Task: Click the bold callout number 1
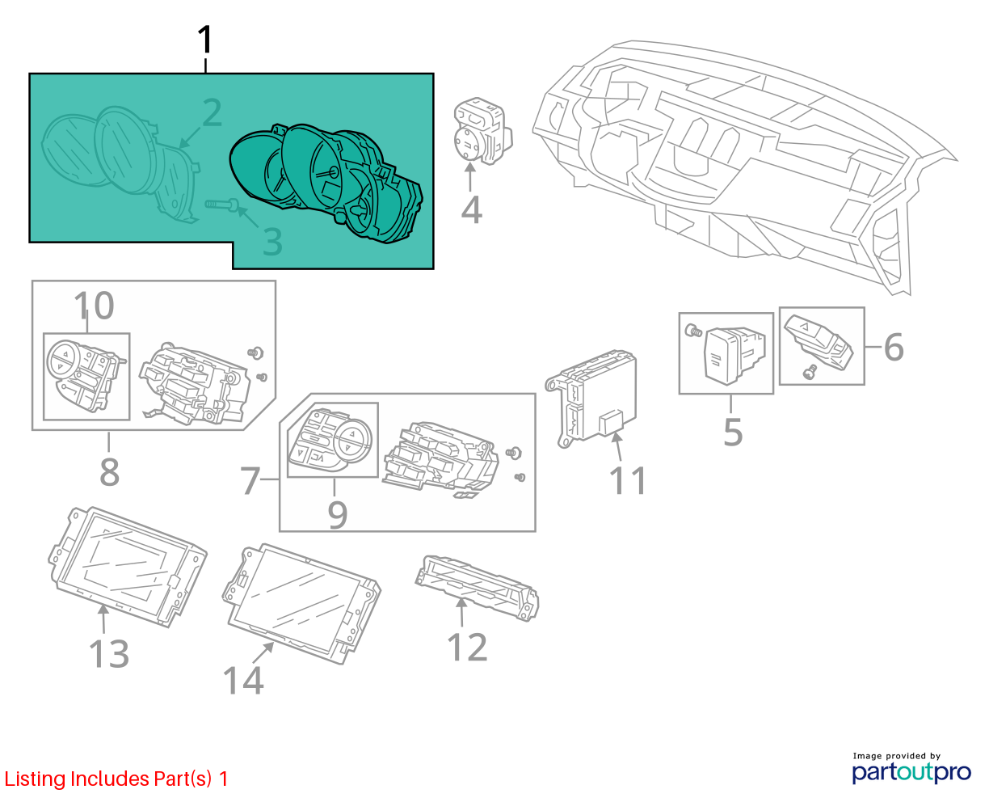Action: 204,40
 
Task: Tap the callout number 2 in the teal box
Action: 213,112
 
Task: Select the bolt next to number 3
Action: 221,204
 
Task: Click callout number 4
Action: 471,210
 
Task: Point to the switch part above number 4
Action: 482,131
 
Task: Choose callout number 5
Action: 733,433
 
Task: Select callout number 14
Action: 243,680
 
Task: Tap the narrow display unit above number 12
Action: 477,587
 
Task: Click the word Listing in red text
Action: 36,779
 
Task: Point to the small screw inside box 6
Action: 810,371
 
